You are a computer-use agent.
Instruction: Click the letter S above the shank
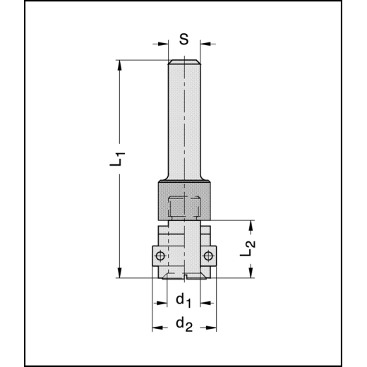pyautogui.click(x=183, y=40)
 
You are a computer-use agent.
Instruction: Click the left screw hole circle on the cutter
pyautogui.click(x=161, y=255)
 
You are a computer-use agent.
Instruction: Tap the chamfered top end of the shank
pyautogui.click(x=183, y=64)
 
